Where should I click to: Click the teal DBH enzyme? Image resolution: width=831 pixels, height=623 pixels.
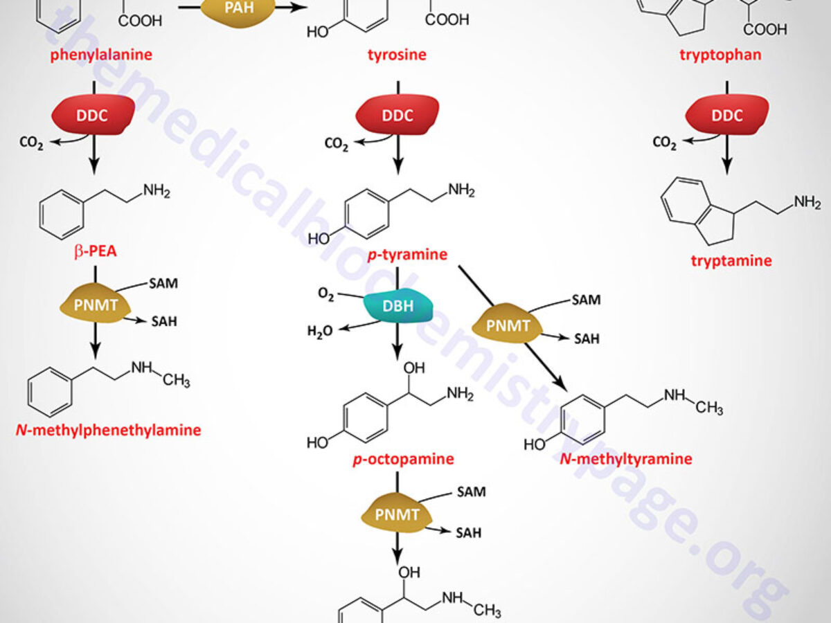(398, 307)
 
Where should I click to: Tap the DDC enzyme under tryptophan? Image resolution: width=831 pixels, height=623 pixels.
(727, 114)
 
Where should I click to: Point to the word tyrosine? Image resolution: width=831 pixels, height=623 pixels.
(397, 54)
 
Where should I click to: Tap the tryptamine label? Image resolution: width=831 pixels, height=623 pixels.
(731, 261)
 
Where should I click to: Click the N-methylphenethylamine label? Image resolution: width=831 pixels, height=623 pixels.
(108, 430)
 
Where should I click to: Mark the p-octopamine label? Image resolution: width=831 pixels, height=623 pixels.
(404, 459)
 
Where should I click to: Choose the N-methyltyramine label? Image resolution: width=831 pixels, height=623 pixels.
(626, 458)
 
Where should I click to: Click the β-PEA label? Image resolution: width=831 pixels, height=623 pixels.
(96, 251)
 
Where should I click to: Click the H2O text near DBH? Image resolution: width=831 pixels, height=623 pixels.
(319, 331)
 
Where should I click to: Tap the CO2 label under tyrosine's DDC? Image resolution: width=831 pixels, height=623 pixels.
(337, 144)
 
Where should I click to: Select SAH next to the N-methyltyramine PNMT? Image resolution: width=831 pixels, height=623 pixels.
(586, 338)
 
